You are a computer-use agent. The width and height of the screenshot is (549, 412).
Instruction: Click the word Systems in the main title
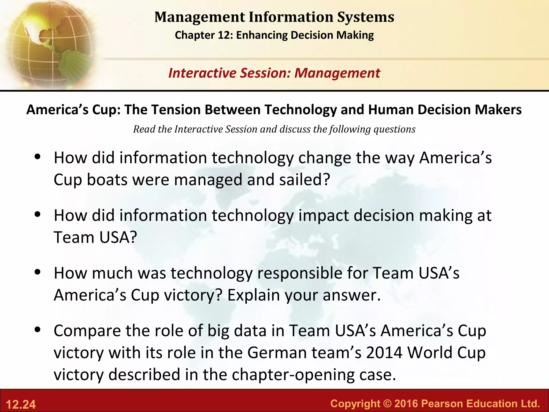coord(366,17)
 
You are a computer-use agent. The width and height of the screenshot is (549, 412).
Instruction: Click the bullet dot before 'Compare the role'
coord(38,329)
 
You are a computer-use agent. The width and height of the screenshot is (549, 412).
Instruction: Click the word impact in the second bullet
coord(323,215)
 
